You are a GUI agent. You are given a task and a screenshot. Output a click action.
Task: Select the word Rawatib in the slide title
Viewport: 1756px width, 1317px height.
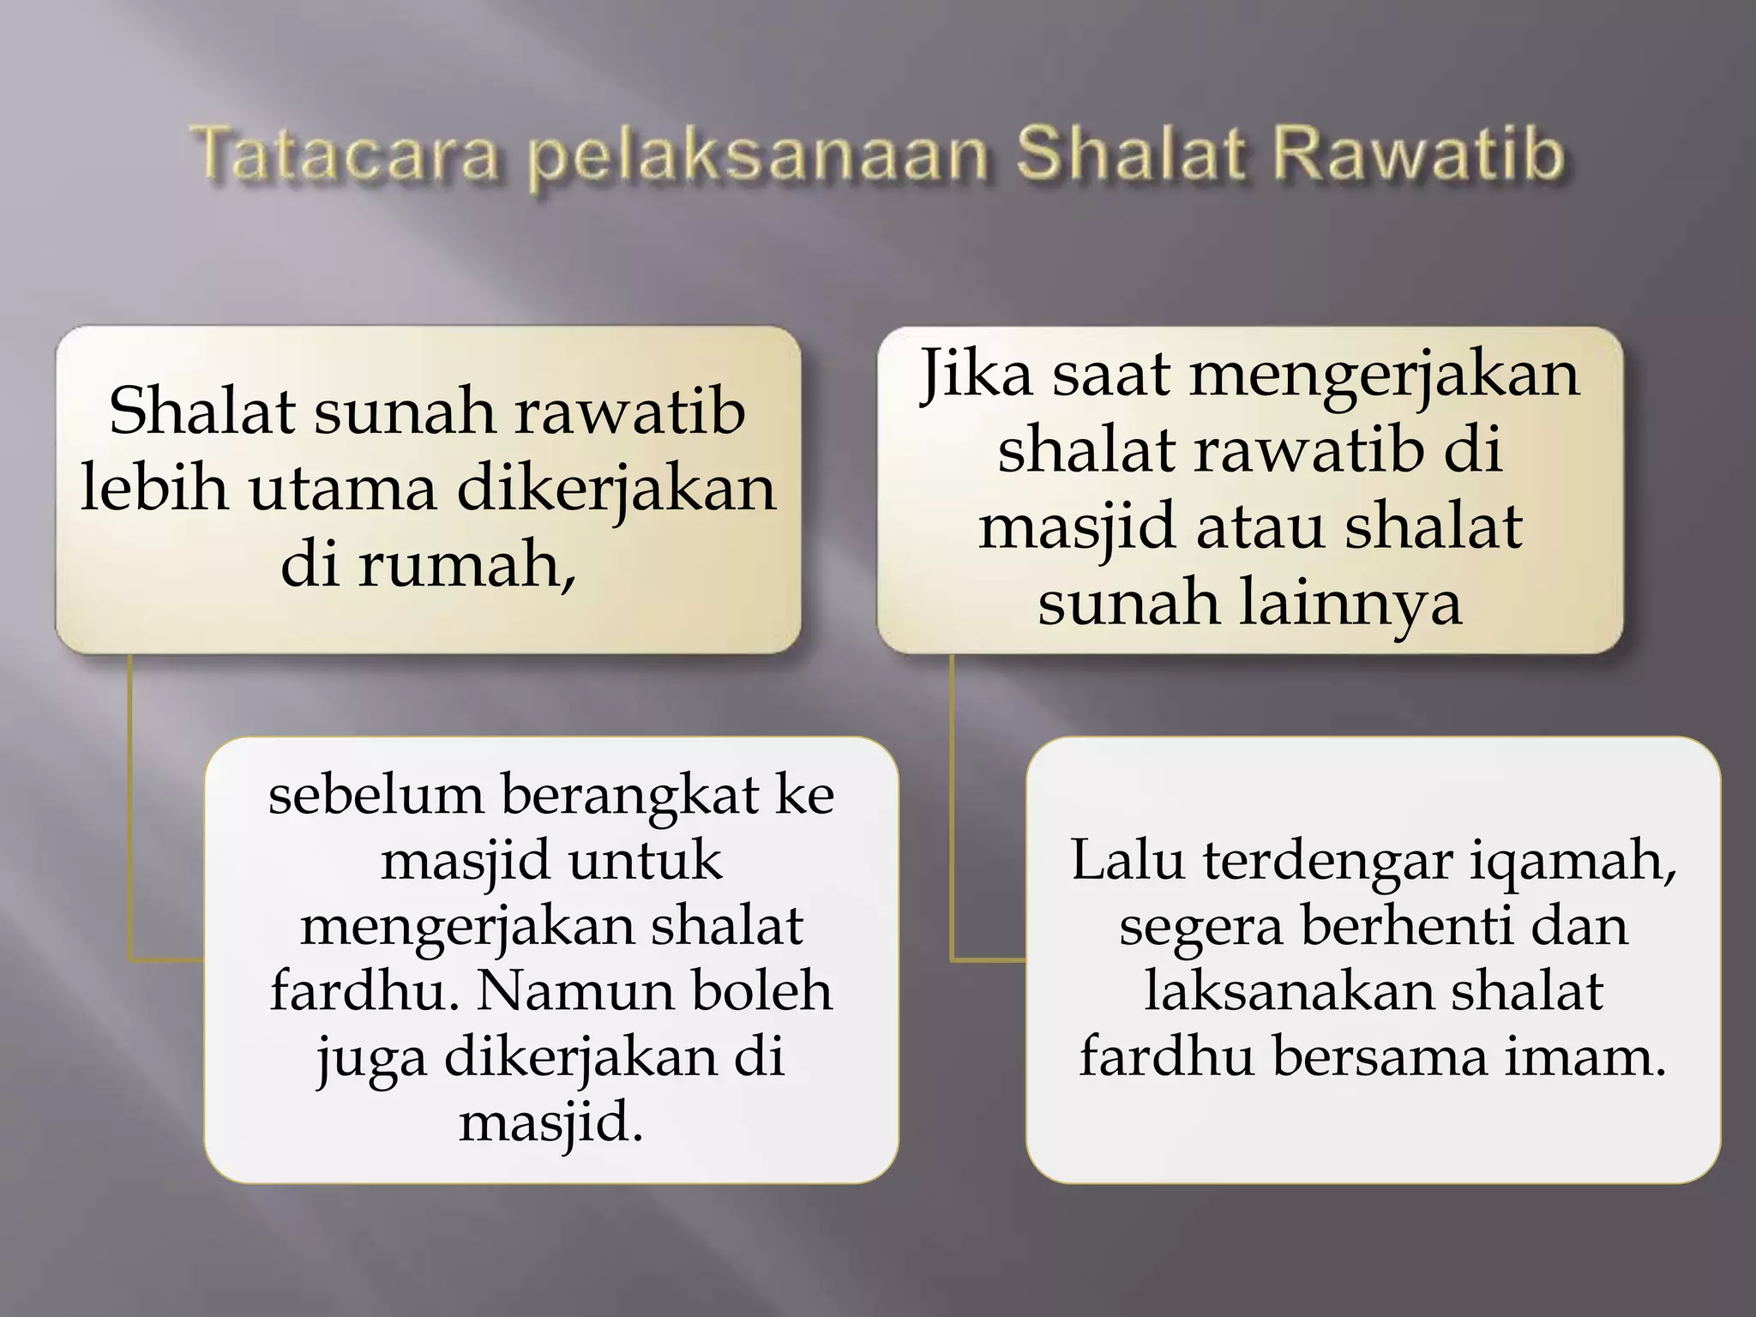(1419, 155)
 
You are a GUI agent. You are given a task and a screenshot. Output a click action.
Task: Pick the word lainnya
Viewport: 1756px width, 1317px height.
(1351, 603)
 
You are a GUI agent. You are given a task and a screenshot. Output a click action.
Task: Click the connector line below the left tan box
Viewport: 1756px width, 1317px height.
(130, 806)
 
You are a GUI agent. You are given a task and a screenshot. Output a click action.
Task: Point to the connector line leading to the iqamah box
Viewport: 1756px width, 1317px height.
(953, 806)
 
